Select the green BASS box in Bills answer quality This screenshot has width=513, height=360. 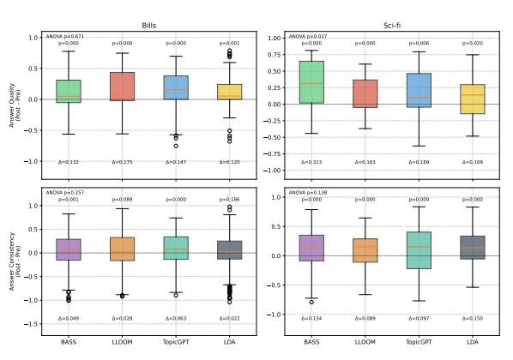pyautogui.click(x=68, y=91)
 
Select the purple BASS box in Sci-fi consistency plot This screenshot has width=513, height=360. pyautogui.click(x=311, y=248)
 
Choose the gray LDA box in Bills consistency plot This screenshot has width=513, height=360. pyautogui.click(x=229, y=249)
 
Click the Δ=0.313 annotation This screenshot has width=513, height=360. pyautogui.click(x=311, y=161)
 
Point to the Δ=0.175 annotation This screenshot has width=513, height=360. pyautogui.click(x=122, y=161)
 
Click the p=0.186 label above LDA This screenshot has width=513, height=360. pyautogui.click(x=229, y=199)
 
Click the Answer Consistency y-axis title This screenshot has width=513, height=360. pyautogui.click(x=12, y=259)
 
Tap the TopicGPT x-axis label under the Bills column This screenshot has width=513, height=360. pyautogui.click(x=176, y=343)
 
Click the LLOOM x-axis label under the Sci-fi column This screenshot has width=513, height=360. pyautogui.click(x=365, y=343)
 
